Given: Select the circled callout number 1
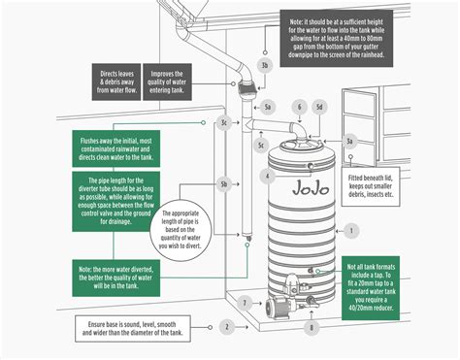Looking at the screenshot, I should (x=351, y=232).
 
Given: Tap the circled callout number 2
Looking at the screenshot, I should (x=227, y=327).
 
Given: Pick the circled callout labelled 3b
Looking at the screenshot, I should (x=264, y=66).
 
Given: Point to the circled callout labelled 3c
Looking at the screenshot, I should (x=223, y=124).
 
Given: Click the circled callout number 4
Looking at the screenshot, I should (x=265, y=177).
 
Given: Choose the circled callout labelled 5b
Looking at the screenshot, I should (x=223, y=183).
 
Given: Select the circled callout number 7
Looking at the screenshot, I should (x=246, y=303).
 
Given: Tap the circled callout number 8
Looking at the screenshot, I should (x=311, y=328).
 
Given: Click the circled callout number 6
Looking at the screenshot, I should (x=301, y=107).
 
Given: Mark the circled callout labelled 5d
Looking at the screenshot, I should (x=320, y=107).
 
